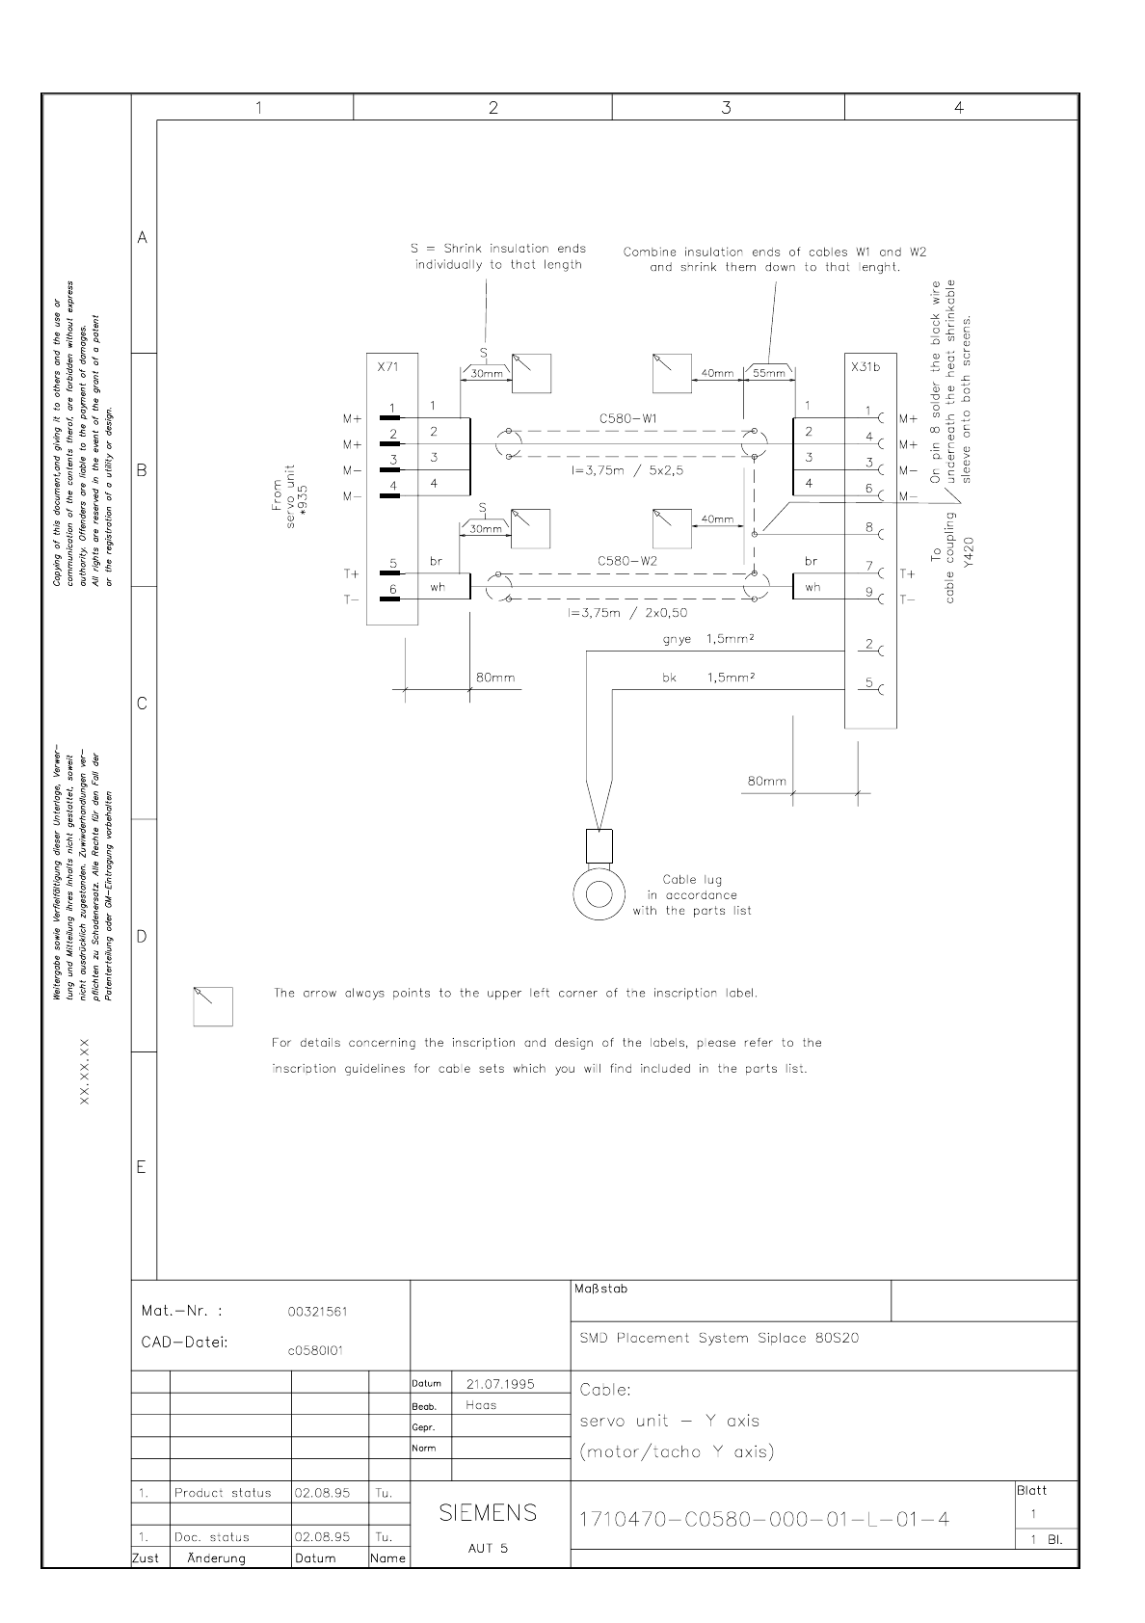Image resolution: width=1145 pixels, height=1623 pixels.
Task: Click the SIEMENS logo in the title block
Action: [488, 1512]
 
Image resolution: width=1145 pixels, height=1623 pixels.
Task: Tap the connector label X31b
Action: [865, 367]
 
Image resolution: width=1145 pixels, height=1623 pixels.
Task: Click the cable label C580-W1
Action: [627, 419]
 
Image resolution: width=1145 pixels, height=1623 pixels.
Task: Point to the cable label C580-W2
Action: [627, 560]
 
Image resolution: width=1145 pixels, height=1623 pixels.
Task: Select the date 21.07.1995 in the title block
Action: [500, 1383]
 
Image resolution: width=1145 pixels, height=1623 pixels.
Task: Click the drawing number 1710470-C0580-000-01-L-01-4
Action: [763, 1519]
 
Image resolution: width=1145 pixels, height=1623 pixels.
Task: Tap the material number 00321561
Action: [317, 1311]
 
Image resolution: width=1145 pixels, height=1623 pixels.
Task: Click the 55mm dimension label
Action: [768, 374]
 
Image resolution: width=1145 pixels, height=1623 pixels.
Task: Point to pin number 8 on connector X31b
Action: [868, 527]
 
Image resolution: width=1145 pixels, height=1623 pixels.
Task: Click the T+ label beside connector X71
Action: [351, 573]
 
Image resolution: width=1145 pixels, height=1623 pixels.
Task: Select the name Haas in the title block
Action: [481, 1405]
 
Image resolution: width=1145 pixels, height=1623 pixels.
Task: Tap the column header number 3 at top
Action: [726, 108]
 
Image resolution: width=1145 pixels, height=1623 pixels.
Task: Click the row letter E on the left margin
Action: [142, 1167]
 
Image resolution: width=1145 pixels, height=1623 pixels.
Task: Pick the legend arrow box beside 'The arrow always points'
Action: [212, 1005]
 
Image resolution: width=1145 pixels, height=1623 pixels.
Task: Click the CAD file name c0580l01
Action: [315, 1350]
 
